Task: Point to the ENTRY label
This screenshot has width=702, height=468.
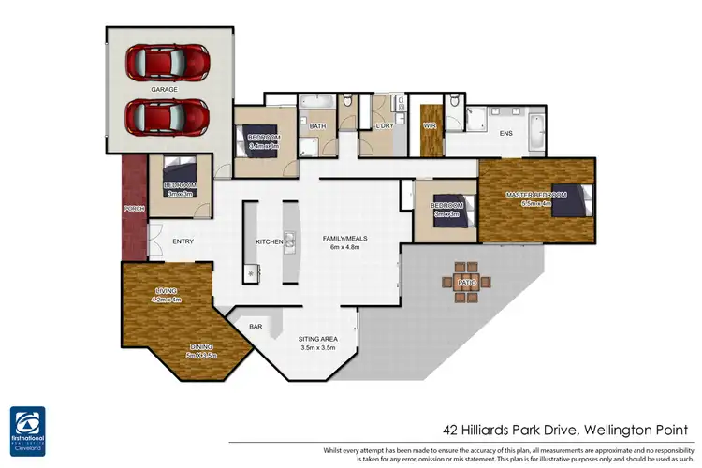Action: pyautogui.click(x=183, y=241)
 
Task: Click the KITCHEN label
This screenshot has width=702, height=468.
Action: pyautogui.click(x=270, y=242)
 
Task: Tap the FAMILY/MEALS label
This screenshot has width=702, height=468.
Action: pyautogui.click(x=345, y=238)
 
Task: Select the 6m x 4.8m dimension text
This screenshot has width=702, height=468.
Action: pyautogui.click(x=345, y=248)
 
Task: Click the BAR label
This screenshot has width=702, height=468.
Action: pyautogui.click(x=255, y=328)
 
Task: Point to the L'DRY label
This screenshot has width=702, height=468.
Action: pyautogui.click(x=383, y=125)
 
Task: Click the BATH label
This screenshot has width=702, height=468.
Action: pyautogui.click(x=317, y=125)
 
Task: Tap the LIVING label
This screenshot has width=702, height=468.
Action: pyautogui.click(x=166, y=291)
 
